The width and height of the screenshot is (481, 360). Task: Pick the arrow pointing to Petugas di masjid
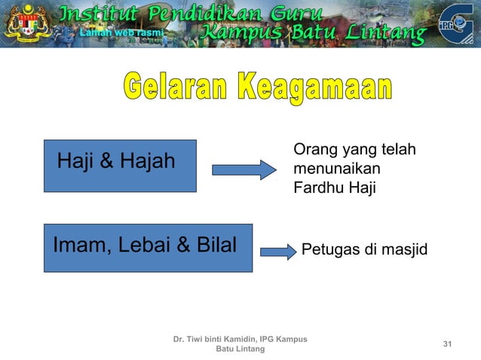(x=277, y=251)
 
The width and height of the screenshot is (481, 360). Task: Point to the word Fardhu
(x=317, y=188)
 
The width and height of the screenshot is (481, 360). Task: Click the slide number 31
(x=447, y=344)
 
